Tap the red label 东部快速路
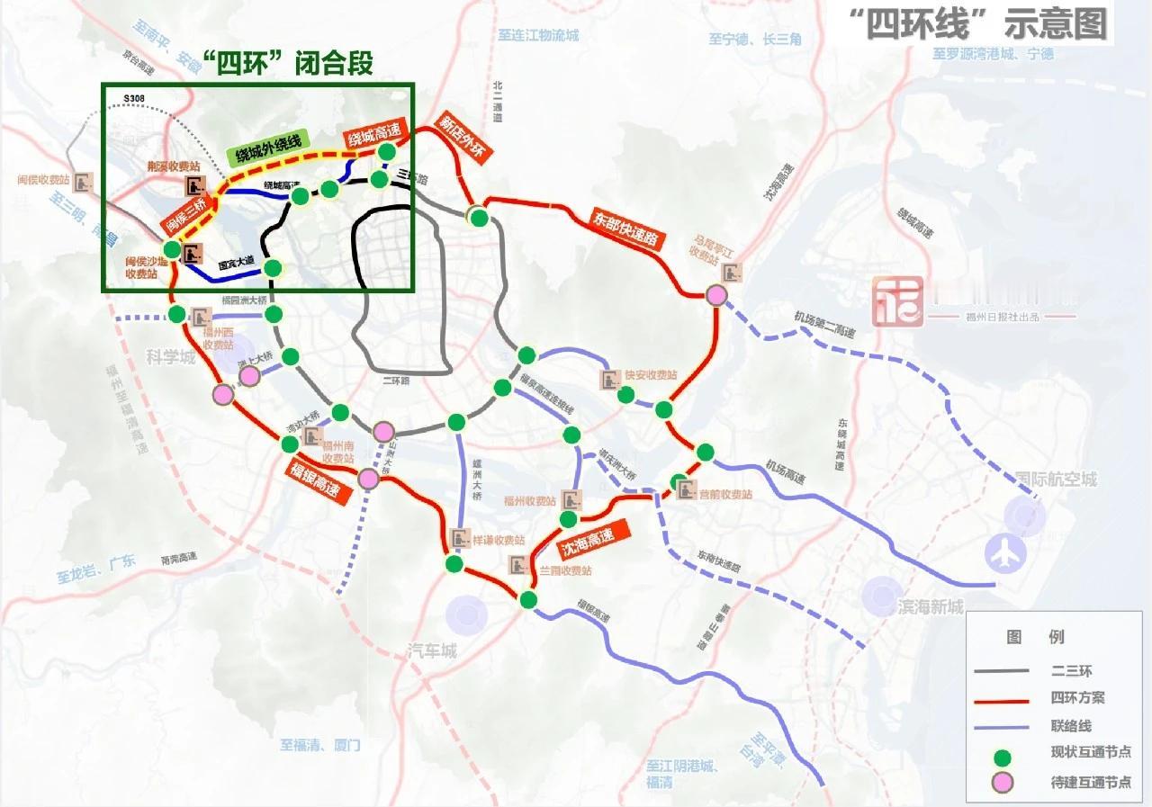[x=626, y=230]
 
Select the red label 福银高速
[x=314, y=482]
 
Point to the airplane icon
[x=1004, y=552]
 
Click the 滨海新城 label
[x=930, y=606]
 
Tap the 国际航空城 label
[x=1056, y=480]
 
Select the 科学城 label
[x=171, y=358]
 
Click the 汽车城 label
[x=432, y=650]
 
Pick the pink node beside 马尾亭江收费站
[x=716, y=295]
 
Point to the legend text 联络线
[x=1070, y=725]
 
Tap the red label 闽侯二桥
[x=187, y=214]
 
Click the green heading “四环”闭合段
[x=287, y=63]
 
